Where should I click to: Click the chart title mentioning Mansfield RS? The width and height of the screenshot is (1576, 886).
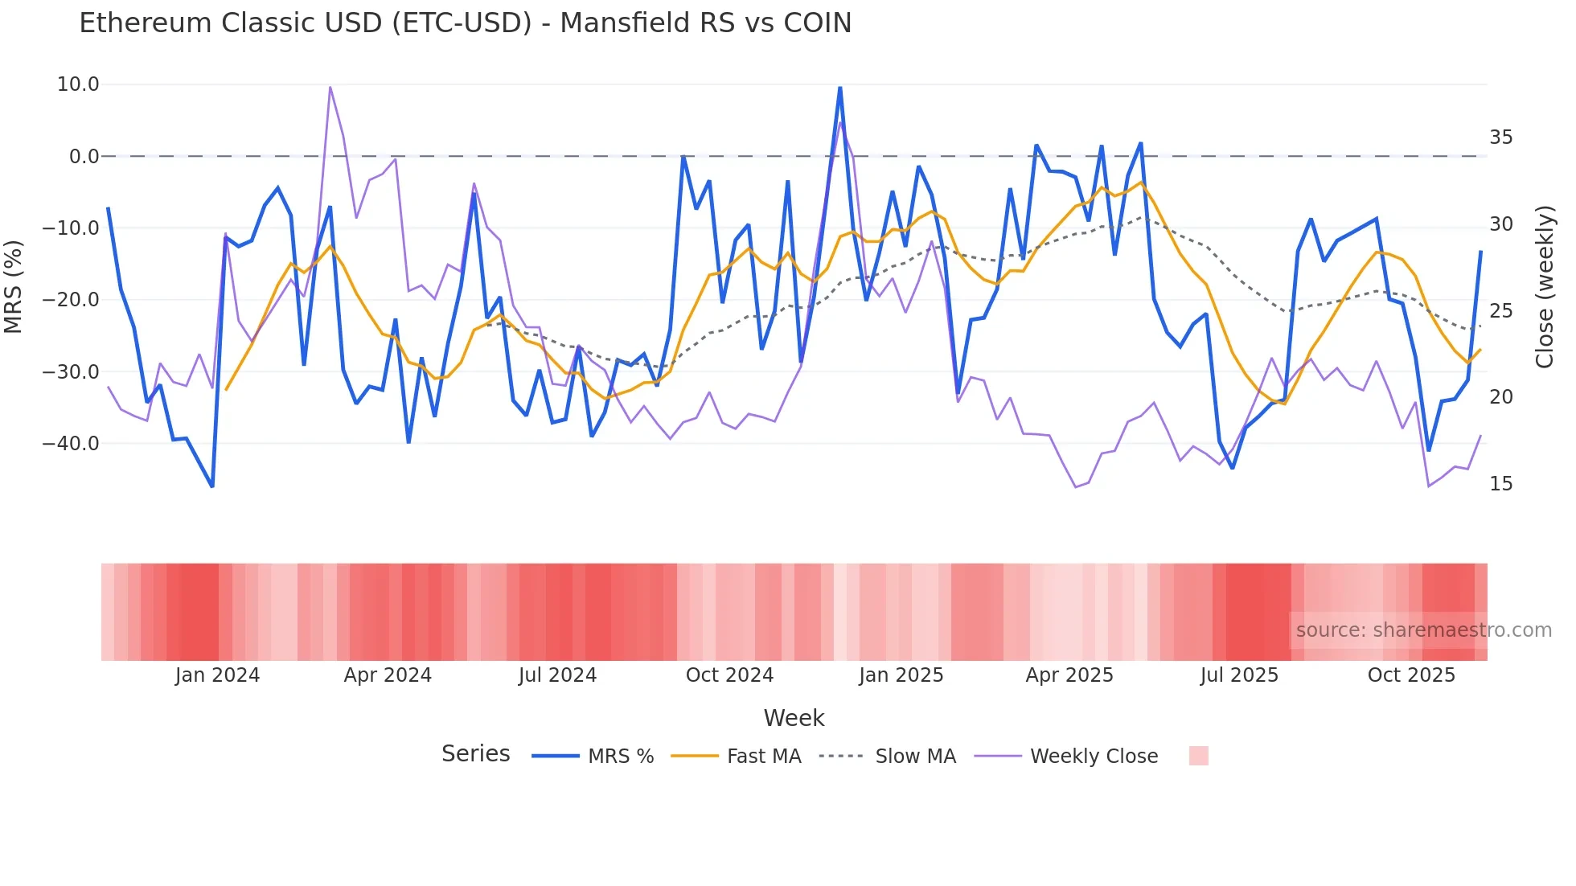(465, 23)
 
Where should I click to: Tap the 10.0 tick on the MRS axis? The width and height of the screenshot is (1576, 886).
(78, 84)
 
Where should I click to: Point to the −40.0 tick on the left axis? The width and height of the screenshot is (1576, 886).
(72, 444)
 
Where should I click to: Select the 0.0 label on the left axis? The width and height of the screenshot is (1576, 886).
(84, 157)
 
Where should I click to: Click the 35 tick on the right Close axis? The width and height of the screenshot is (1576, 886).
(1500, 137)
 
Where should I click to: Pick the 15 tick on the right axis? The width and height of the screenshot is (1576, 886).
(1500, 484)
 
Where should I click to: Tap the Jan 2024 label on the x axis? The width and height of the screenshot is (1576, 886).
(217, 675)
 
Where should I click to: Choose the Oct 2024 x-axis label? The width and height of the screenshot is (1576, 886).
(729, 675)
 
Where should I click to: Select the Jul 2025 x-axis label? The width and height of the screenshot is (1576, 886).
(1239, 675)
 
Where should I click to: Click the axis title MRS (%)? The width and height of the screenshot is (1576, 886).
(14, 286)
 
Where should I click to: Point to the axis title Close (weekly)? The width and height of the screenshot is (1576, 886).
(1545, 287)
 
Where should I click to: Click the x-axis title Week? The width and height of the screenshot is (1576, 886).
(794, 718)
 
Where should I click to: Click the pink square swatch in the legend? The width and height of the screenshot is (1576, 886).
(1198, 756)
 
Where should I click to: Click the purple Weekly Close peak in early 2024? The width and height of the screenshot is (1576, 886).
(330, 88)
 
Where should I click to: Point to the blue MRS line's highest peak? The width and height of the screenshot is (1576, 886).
(839, 88)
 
